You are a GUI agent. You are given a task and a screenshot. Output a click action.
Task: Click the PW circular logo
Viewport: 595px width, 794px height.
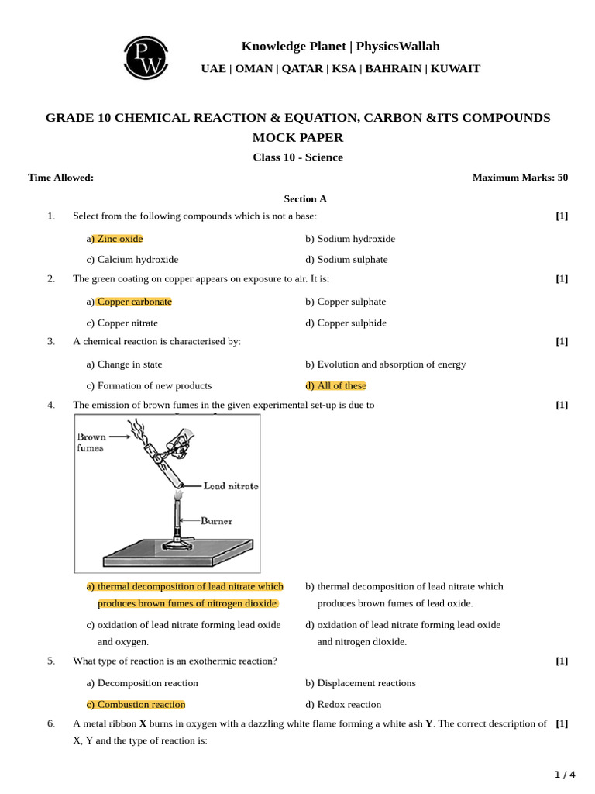(x=145, y=57)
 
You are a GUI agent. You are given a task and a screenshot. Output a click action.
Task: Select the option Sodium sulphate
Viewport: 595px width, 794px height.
(x=346, y=260)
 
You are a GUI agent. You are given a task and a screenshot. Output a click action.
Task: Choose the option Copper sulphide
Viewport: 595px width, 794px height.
(x=346, y=323)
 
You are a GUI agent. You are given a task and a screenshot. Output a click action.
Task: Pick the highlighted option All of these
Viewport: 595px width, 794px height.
(x=335, y=385)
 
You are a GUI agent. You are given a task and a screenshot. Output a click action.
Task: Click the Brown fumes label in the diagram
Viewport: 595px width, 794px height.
(x=91, y=442)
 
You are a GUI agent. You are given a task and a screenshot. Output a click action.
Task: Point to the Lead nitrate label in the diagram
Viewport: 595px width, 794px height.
(x=230, y=486)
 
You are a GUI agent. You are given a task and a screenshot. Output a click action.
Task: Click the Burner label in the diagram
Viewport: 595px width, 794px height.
(x=216, y=521)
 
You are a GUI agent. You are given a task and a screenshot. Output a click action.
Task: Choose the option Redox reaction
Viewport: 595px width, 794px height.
(x=343, y=705)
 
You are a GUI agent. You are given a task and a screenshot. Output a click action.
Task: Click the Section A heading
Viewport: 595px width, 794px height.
(x=305, y=198)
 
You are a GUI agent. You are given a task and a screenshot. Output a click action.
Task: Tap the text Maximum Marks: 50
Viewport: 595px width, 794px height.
(x=520, y=178)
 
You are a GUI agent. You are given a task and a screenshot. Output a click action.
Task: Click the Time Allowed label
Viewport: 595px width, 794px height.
(x=60, y=178)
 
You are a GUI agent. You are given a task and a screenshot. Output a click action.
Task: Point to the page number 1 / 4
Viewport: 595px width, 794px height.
(x=565, y=775)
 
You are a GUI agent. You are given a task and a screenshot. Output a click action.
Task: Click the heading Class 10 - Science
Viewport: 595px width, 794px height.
(x=297, y=157)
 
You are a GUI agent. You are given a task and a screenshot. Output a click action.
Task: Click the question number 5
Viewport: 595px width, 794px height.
(x=51, y=661)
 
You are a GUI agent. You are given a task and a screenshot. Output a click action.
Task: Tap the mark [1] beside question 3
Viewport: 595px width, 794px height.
(x=562, y=341)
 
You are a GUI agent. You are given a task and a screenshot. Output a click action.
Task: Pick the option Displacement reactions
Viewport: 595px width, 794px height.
(x=360, y=683)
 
